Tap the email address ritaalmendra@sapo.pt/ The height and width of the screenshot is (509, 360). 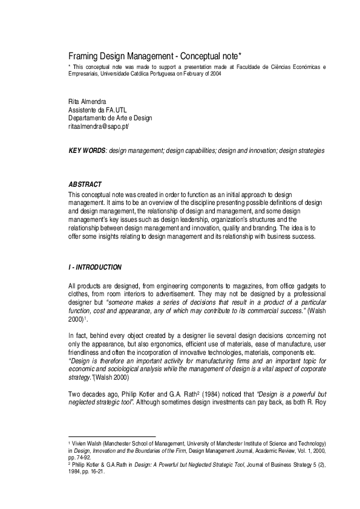pos(99,127)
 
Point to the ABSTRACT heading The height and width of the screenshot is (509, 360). pos(85,184)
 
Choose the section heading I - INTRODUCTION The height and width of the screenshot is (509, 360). pos(95,267)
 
